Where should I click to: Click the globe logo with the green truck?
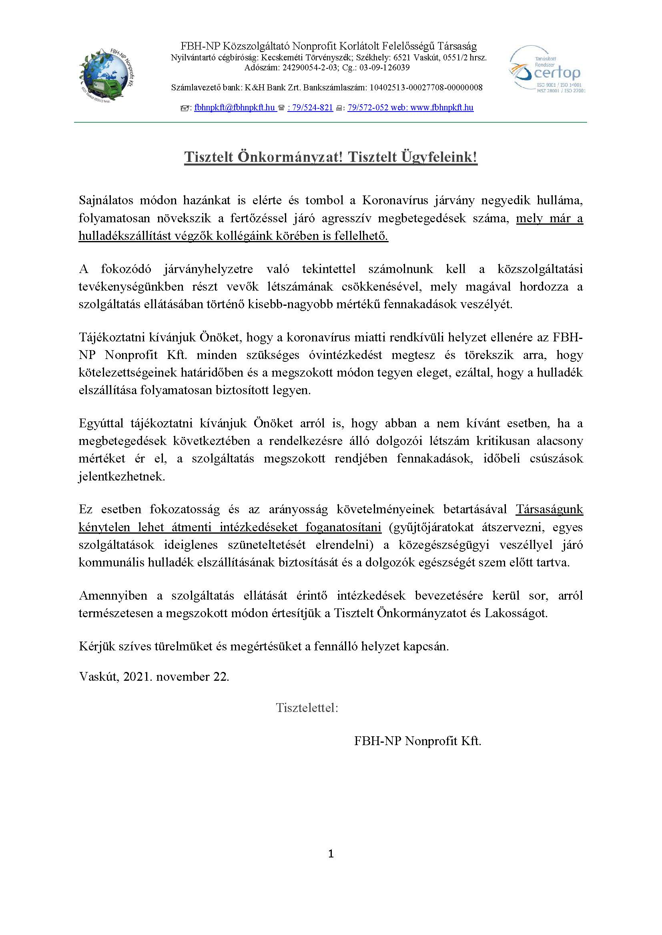[107, 75]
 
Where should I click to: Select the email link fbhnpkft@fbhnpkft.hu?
[235, 108]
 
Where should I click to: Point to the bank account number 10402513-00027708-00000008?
[426, 88]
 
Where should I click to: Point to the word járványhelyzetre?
[208, 269]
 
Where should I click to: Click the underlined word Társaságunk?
[549, 509]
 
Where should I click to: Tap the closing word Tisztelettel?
[307, 708]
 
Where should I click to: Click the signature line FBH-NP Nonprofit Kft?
[417, 741]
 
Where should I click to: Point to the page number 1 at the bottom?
[331, 853]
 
